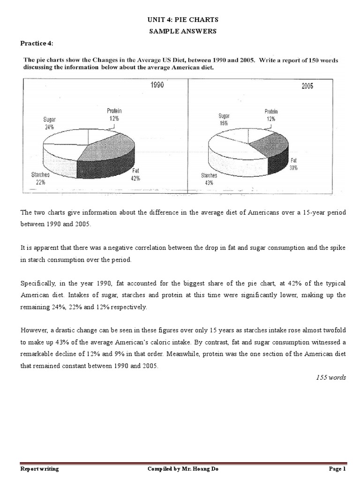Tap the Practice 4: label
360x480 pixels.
(x=37, y=44)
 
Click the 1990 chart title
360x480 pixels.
(x=157, y=86)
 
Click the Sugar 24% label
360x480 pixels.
(x=49, y=123)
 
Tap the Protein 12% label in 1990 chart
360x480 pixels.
(x=113, y=115)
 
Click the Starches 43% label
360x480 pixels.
(x=209, y=179)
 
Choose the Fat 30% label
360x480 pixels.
(x=294, y=164)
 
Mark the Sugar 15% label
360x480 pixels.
(x=223, y=119)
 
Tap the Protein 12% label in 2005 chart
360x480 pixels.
(x=270, y=115)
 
